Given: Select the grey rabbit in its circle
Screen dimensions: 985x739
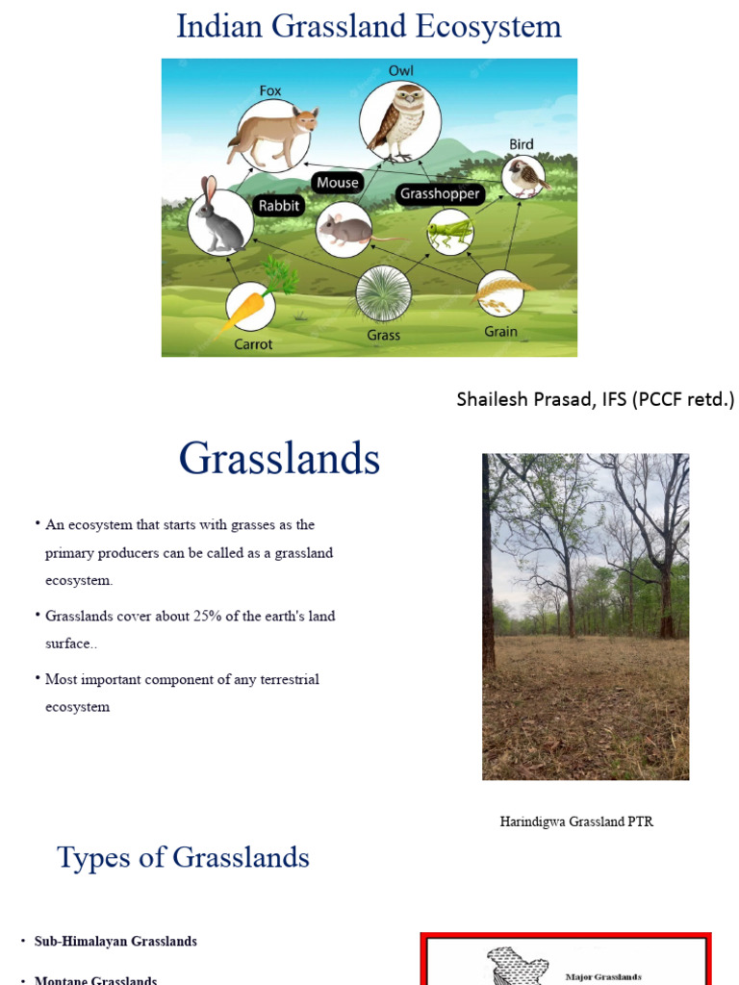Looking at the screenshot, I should coord(220,220).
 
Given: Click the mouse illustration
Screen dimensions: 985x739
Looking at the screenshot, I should coord(344,230).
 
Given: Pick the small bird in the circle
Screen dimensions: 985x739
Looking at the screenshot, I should coord(523,177).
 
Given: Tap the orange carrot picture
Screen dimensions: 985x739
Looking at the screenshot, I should coord(249,307).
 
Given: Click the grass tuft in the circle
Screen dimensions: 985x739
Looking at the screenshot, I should coord(383,293).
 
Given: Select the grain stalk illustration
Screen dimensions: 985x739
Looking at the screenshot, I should coord(500,292).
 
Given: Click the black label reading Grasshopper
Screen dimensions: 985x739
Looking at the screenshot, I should coord(440,193).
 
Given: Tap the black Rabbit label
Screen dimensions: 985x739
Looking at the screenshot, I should coord(279,205).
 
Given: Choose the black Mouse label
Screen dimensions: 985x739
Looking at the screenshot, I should coord(337,182).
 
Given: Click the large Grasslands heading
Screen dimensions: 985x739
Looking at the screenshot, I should coord(279,459).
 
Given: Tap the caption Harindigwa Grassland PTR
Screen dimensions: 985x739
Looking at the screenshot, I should coord(576,821).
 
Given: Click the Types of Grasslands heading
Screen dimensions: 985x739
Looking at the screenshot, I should coord(183,857).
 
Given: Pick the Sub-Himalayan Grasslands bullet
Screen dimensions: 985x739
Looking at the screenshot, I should coord(115,941).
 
